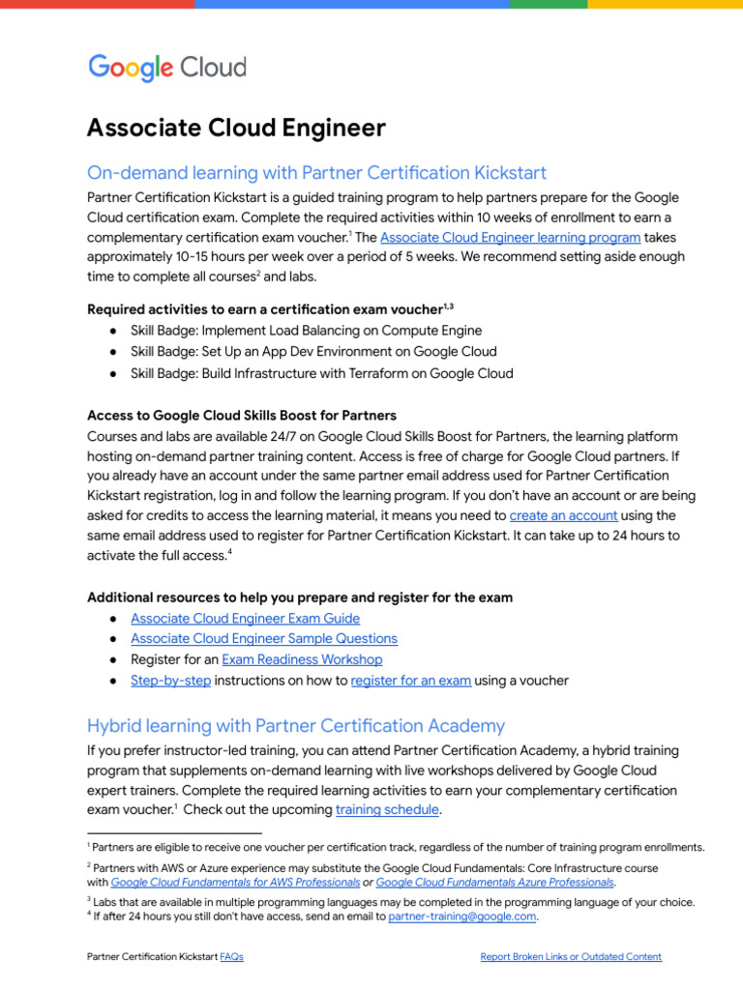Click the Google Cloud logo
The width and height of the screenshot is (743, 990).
(x=167, y=68)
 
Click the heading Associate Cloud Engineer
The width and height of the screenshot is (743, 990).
(x=236, y=128)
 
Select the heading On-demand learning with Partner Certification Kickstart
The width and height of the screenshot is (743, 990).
(x=316, y=173)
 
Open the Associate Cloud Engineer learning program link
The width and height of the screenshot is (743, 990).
(x=510, y=237)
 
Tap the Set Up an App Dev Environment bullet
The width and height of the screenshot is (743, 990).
(x=313, y=352)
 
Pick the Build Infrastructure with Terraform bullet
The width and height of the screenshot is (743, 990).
(x=321, y=373)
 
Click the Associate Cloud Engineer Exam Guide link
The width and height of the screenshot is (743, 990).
(x=245, y=618)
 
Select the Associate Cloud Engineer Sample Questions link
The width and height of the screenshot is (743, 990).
(x=263, y=638)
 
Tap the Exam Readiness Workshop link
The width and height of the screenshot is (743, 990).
(x=302, y=659)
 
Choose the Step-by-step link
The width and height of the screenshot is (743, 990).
(x=170, y=681)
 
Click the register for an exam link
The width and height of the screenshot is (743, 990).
(x=411, y=681)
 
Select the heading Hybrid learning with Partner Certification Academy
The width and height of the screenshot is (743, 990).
(x=295, y=725)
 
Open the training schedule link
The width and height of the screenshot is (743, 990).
(x=387, y=810)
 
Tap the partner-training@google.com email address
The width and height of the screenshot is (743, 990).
(x=461, y=917)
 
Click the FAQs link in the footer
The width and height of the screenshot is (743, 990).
(x=231, y=957)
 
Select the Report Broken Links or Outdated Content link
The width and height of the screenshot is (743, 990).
(x=571, y=957)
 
